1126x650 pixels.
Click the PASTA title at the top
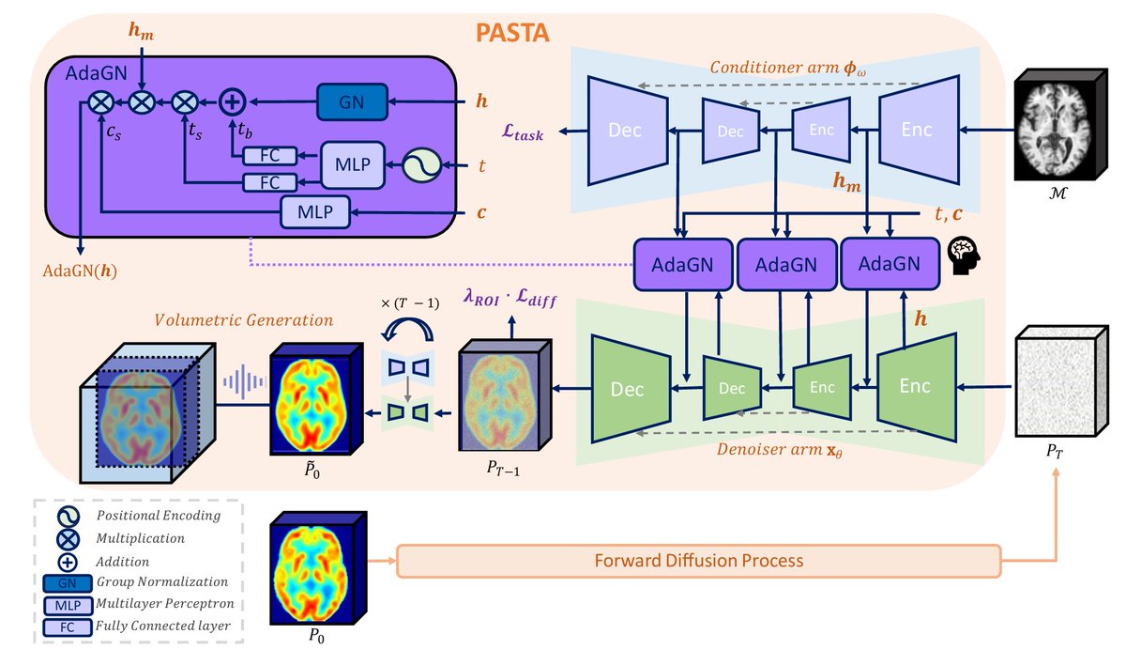[512, 33]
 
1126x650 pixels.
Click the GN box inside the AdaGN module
[352, 102]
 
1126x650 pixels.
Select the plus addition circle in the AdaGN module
[233, 102]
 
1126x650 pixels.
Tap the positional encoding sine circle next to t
[421, 165]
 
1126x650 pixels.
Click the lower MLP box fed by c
[314, 211]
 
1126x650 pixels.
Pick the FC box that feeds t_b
[270, 156]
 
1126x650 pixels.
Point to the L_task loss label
[523, 132]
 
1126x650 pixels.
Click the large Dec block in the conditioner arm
[628, 131]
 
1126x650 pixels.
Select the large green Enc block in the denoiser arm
[917, 386]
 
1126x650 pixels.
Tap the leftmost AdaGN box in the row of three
[683, 265]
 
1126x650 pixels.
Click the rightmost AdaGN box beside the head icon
[890, 264]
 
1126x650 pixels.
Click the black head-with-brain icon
[964, 256]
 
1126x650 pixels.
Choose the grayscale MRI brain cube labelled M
[1060, 125]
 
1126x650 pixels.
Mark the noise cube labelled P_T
[1061, 381]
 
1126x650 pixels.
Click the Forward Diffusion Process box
[699, 561]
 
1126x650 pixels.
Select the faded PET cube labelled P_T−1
[505, 395]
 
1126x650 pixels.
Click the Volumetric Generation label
[243, 320]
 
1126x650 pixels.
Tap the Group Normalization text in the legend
[161, 581]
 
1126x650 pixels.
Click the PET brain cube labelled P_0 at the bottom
[318, 568]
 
